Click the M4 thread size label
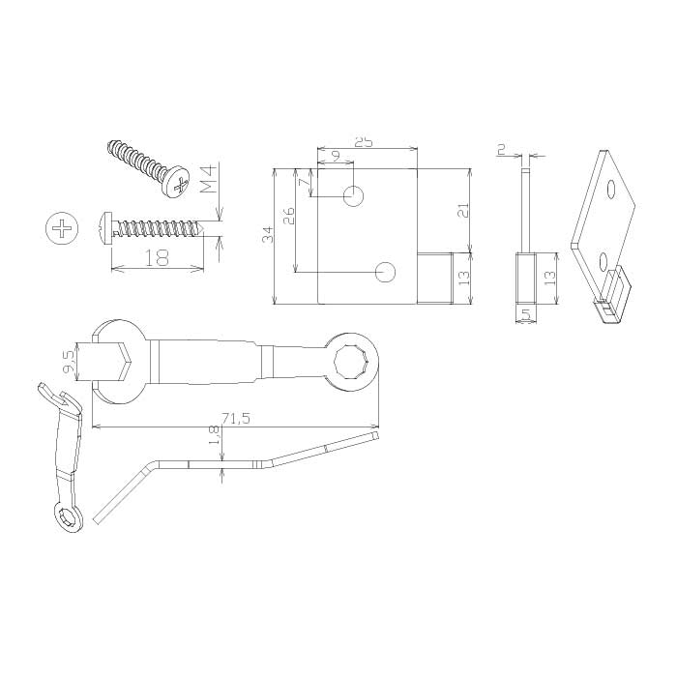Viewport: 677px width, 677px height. pos(207,182)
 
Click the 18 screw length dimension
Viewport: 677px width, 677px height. pos(157,258)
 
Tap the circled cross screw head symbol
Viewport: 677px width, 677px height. pos(63,228)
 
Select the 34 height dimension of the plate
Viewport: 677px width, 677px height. pos(268,234)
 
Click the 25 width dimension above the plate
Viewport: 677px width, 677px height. pos(364,142)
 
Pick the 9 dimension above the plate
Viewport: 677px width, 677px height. pos(337,156)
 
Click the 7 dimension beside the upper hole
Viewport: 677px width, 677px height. pos(306,182)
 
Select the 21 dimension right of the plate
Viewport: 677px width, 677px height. pos(463,210)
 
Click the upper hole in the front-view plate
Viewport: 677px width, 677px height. pos(353,196)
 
